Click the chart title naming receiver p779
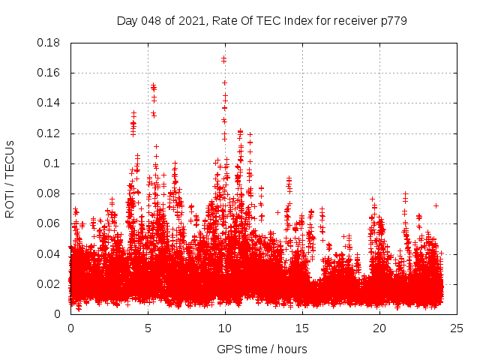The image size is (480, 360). coord(262,21)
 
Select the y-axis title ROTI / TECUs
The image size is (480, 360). coord(10,178)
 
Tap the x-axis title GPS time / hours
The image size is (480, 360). coord(262,349)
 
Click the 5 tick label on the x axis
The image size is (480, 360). coord(148,328)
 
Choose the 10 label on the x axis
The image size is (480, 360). coord(225,328)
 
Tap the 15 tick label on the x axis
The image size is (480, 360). coord(302,328)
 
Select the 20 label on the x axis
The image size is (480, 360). coord(379,328)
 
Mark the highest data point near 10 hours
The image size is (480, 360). coord(223,58)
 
